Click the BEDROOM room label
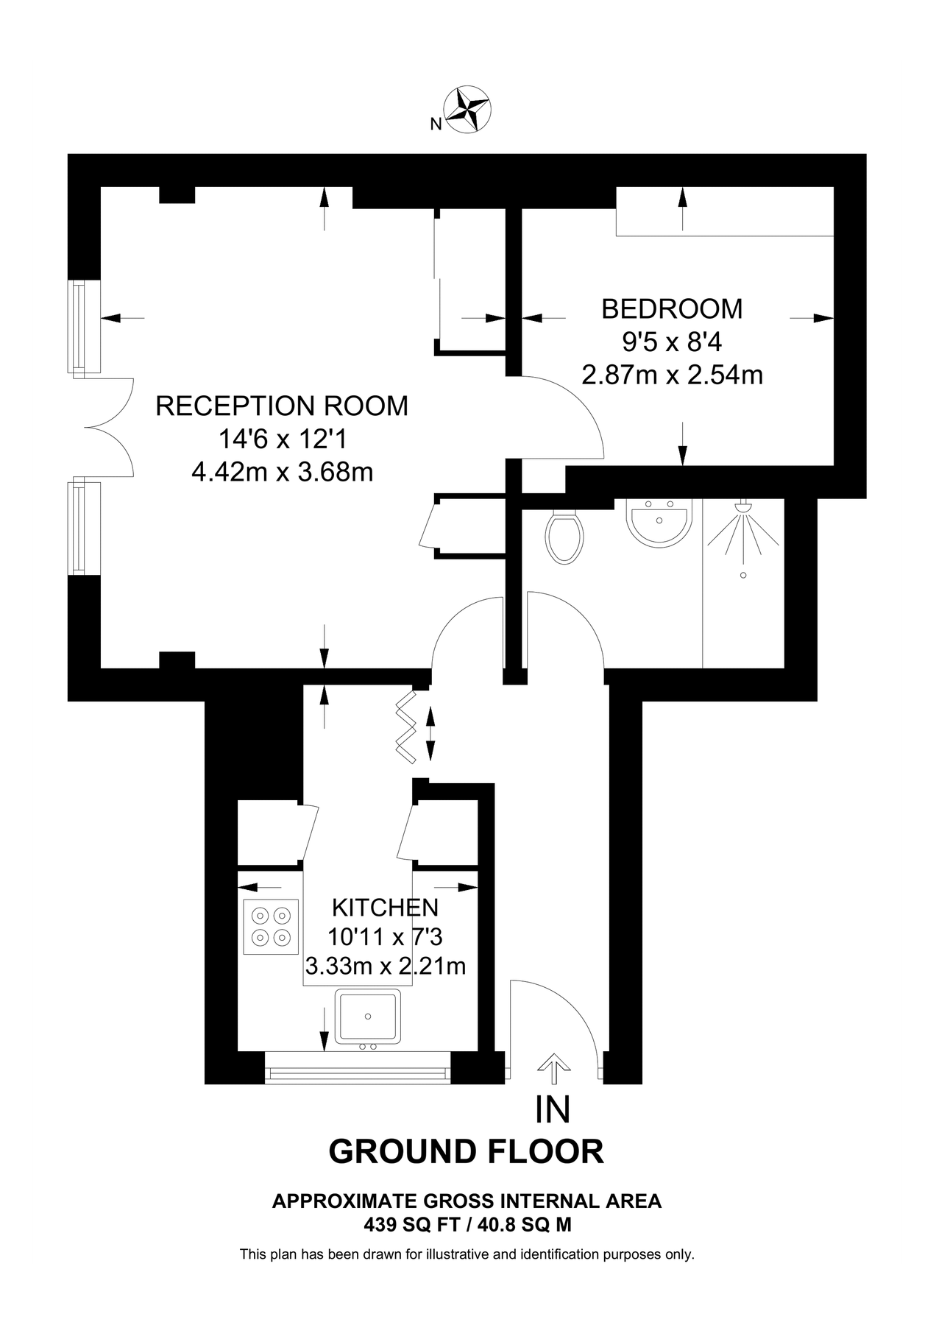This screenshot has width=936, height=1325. (x=671, y=308)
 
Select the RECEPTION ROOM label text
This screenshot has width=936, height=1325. (x=282, y=406)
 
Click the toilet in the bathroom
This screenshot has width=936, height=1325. (x=564, y=537)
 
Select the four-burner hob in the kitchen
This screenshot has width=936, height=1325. (x=270, y=927)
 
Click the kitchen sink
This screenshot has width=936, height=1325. (x=368, y=1017)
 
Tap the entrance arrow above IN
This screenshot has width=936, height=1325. (x=553, y=1068)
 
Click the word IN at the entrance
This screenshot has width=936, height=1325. (x=553, y=1110)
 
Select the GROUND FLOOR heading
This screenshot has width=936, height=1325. (x=466, y=1151)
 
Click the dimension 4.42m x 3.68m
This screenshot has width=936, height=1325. (x=282, y=472)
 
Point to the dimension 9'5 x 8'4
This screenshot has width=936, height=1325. (x=671, y=342)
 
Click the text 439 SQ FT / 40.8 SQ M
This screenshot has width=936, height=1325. (x=467, y=1226)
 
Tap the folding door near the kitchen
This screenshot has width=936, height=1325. (x=405, y=726)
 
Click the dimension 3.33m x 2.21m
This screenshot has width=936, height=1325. (x=385, y=966)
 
